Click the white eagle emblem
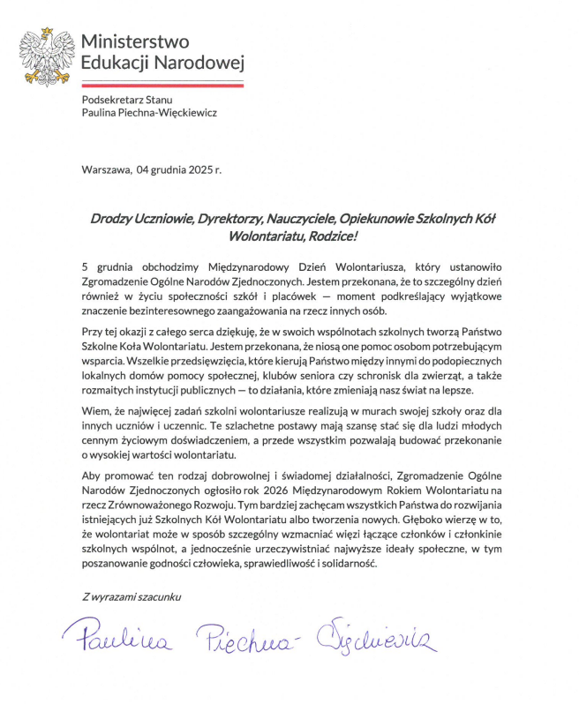[49, 54]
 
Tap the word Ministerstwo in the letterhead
[134, 41]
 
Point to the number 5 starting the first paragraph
[85, 266]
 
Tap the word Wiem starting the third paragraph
[95, 411]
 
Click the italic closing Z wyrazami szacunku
[129, 596]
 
